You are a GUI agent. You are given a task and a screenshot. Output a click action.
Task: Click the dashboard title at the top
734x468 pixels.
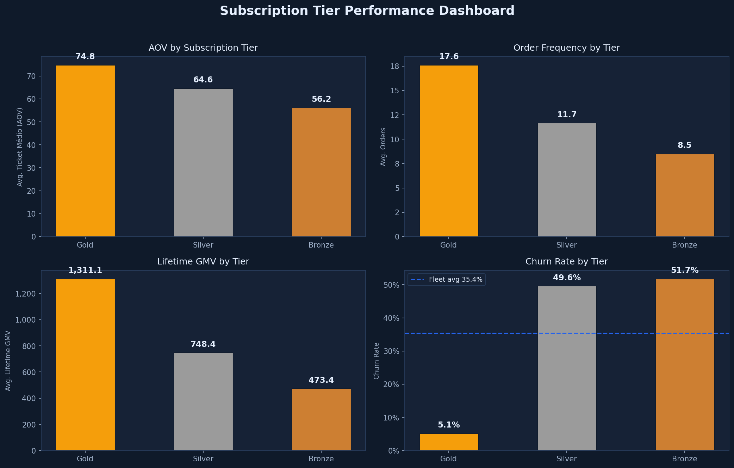point(367,11)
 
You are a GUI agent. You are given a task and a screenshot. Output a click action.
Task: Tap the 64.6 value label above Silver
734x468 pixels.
point(203,80)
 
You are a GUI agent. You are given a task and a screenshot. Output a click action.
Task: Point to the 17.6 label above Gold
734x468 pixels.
point(449,57)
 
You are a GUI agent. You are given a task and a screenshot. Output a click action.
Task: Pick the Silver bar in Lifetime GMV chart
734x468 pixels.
point(203,401)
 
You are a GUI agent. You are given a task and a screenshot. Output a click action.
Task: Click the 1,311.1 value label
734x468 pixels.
point(85,270)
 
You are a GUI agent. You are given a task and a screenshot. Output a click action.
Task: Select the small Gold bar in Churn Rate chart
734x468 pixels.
point(449,442)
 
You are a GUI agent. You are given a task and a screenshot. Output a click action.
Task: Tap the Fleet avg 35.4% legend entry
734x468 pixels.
point(447,280)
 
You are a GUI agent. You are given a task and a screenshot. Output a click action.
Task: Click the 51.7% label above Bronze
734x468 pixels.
point(685,270)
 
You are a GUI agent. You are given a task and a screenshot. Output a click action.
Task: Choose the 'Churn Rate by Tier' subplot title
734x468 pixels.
point(566,262)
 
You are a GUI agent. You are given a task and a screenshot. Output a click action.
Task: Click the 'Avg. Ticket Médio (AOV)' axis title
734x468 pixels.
point(20,147)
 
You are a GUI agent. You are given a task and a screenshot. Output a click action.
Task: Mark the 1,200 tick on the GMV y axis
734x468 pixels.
point(26,294)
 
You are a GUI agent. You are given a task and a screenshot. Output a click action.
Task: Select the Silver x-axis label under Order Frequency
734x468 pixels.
point(566,245)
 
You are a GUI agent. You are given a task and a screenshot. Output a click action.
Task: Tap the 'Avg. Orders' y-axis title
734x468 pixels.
point(383,147)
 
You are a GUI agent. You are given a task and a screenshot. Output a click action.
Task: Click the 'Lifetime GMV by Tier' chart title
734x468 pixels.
point(203,262)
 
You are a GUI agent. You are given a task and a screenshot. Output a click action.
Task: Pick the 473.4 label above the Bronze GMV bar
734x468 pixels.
point(321,380)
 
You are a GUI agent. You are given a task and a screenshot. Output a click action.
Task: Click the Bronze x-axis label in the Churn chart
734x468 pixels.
point(684,459)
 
